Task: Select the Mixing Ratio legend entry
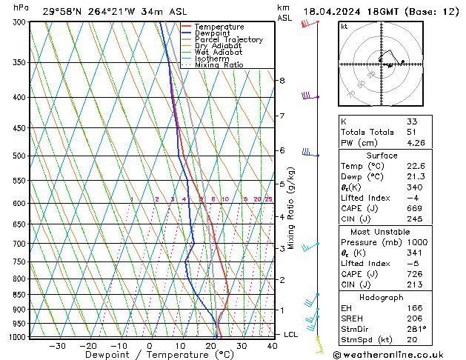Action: (x=219, y=65)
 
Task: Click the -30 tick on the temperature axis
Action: (x=57, y=346)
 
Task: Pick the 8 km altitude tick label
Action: (x=282, y=80)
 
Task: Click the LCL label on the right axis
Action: (x=291, y=335)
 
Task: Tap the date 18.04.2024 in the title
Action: (x=333, y=11)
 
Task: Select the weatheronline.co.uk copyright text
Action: (x=404, y=355)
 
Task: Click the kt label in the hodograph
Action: (x=344, y=27)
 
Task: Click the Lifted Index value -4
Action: (x=412, y=199)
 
